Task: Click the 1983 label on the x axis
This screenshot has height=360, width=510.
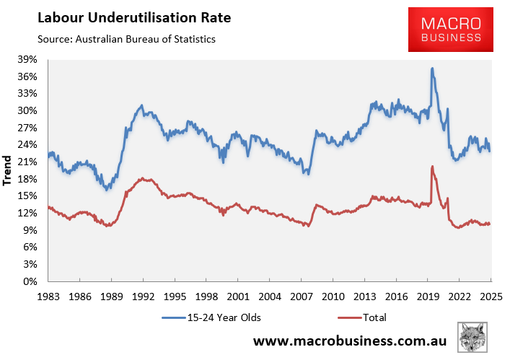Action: pyautogui.click(x=48, y=296)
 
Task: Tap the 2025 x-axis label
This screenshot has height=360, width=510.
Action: pyautogui.click(x=491, y=296)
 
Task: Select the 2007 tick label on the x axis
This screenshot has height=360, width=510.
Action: pyautogui.click(x=301, y=296)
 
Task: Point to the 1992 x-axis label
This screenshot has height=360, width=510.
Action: pyautogui.click(x=143, y=296)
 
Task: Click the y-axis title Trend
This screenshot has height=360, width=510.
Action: pyautogui.click(x=9, y=171)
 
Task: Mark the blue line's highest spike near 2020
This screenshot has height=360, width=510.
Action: pyautogui.click(x=431, y=69)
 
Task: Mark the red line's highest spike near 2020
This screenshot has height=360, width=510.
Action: pyautogui.click(x=431, y=167)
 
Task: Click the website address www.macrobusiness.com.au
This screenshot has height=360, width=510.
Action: pyautogui.click(x=351, y=340)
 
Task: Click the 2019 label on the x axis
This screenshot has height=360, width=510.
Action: pyautogui.click(x=427, y=296)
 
